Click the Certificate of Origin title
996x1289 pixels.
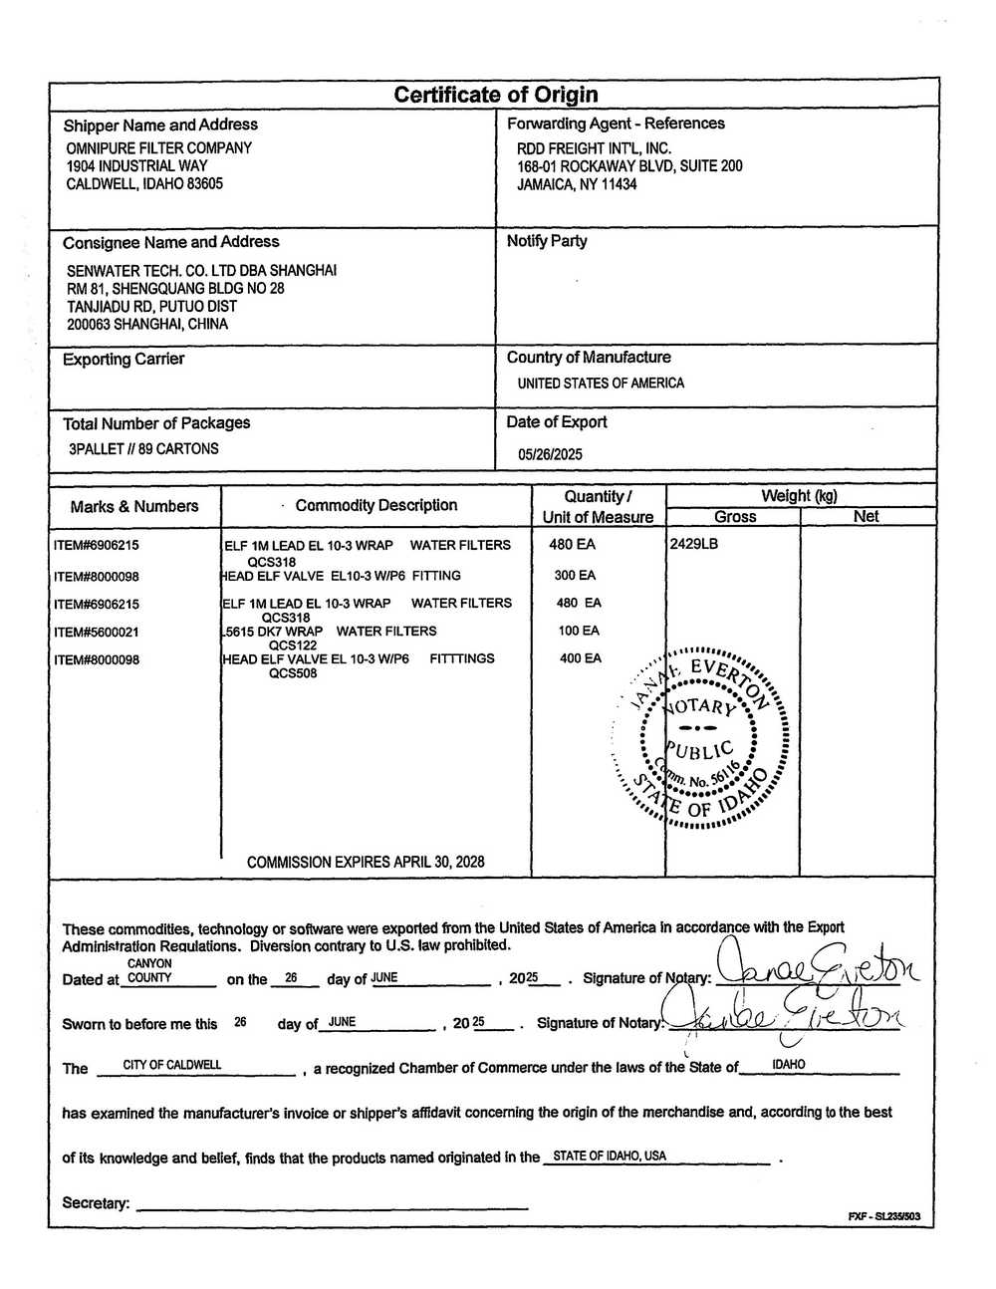click(x=495, y=95)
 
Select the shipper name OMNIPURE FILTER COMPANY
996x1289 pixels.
click(x=158, y=147)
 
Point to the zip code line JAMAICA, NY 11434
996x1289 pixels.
click(x=577, y=184)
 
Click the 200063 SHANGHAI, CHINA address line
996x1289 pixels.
click(x=146, y=324)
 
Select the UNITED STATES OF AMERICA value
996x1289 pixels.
click(x=601, y=383)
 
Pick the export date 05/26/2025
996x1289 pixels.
click(x=550, y=454)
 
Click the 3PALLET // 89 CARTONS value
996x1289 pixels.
click(x=143, y=448)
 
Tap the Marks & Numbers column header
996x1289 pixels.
click(x=133, y=506)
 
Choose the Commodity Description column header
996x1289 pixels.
click(x=375, y=505)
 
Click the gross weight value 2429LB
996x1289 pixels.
click(x=693, y=544)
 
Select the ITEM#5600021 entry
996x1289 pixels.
click(x=97, y=632)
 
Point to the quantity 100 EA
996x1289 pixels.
click(x=579, y=631)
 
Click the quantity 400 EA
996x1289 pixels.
click(x=580, y=658)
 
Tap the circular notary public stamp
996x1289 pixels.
click(x=699, y=737)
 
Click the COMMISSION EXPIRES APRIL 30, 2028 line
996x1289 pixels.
click(x=366, y=862)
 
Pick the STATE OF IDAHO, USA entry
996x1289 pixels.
click(x=610, y=1157)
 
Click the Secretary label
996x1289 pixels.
click(x=96, y=1203)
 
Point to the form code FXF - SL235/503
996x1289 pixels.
click(x=883, y=1217)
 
